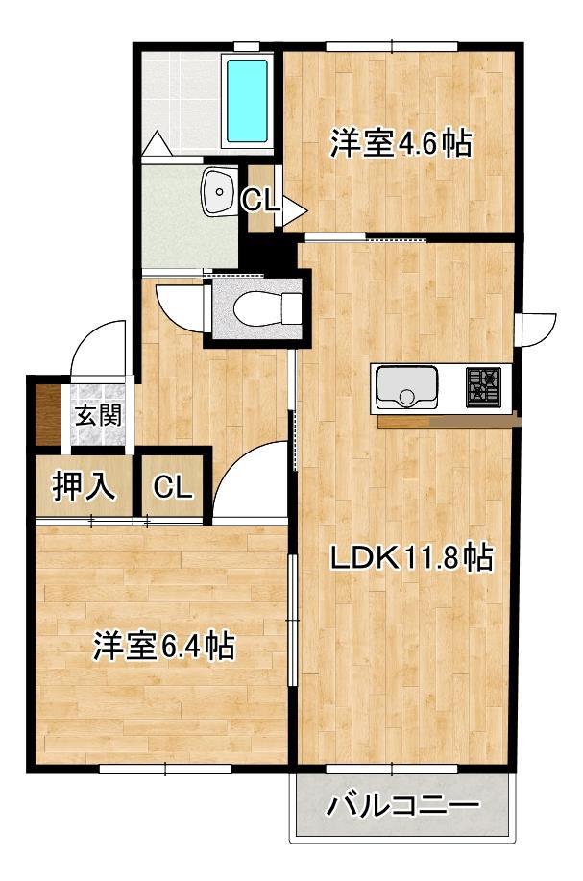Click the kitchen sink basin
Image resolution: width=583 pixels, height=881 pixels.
click(x=406, y=387)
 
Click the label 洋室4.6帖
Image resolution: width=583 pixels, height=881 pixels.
click(x=401, y=145)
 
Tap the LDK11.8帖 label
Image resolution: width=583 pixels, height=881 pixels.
click(x=412, y=557)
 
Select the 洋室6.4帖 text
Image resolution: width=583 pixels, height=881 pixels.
click(x=163, y=647)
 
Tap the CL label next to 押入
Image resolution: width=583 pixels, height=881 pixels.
click(x=174, y=488)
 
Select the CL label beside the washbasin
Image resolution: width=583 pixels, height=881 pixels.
click(x=259, y=201)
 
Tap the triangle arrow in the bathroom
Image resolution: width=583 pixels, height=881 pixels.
click(x=156, y=143)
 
